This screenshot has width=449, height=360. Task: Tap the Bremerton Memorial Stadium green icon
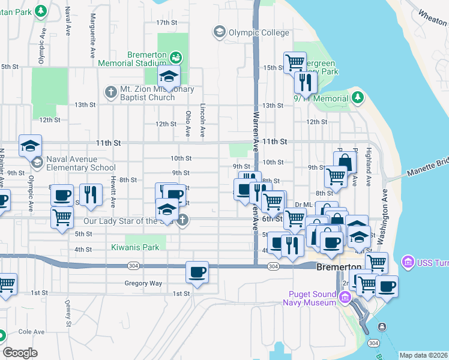pos(175,58)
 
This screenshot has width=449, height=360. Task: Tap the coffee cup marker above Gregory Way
pos(197,272)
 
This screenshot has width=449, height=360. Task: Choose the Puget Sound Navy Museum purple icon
pos(345,298)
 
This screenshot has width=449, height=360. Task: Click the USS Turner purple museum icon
pos(408,262)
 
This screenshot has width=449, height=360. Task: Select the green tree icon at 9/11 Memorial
pos(358,97)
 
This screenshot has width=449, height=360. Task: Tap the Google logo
pos(20,353)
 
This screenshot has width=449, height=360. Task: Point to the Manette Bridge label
pos(427,173)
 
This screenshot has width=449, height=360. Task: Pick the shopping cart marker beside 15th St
pos(295,62)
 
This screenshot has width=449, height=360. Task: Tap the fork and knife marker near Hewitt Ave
pos(91,195)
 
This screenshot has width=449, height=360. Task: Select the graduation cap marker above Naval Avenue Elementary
pos(30,146)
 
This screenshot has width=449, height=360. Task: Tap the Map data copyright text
pos(423,355)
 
